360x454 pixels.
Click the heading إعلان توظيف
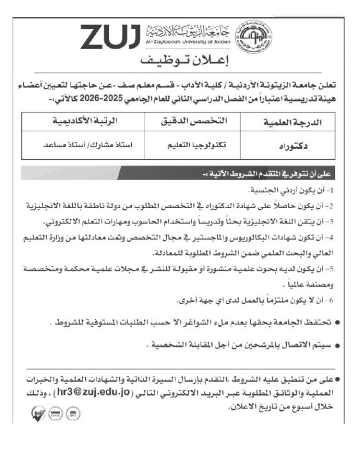[x=179, y=60]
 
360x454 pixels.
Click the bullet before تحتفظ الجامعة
[x=338, y=324]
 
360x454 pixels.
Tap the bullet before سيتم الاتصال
[x=338, y=346]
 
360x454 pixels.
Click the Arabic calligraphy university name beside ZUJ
[x=185, y=30]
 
